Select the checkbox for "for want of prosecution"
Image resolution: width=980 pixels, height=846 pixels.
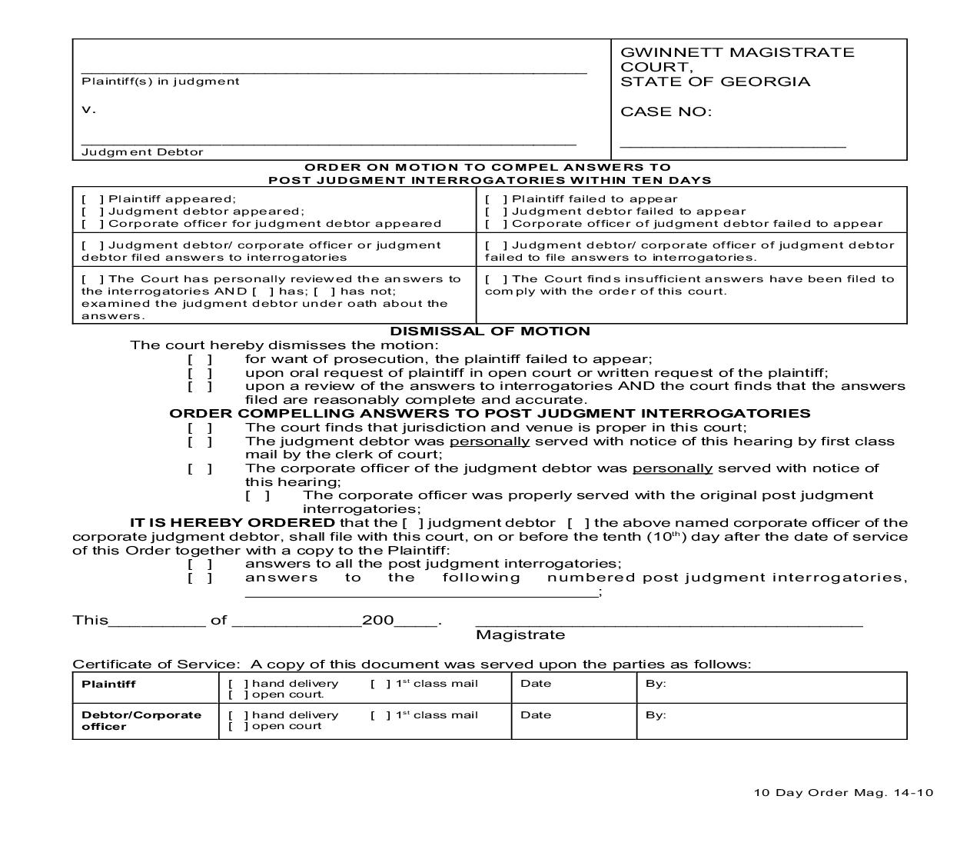point(200,359)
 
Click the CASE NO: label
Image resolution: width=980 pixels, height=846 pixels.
point(666,112)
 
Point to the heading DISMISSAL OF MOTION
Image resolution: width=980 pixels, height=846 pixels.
point(490,331)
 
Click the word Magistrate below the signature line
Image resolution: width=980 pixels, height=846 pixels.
point(520,635)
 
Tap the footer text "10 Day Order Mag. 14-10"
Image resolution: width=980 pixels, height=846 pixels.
point(843,793)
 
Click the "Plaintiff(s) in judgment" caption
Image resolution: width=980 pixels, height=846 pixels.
point(160,82)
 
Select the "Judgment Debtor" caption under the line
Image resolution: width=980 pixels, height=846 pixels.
point(142,152)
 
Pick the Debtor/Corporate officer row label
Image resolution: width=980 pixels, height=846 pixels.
point(141,721)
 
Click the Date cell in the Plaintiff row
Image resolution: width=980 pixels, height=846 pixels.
point(535,684)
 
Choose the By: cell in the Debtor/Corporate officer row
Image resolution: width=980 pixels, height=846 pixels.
point(655,715)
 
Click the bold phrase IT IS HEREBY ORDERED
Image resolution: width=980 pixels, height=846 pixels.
point(232,523)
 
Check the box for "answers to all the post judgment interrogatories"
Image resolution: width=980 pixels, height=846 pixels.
point(200,564)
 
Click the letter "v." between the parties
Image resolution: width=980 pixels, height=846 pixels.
point(88,109)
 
